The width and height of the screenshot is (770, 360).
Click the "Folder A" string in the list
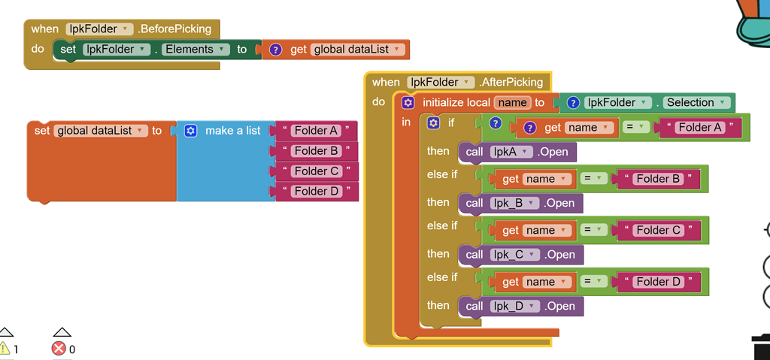pos(316,131)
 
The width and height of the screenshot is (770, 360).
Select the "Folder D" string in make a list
pos(316,192)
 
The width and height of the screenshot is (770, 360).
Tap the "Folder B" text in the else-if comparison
pos(658,179)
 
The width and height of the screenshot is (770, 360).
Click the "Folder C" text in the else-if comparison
pos(658,230)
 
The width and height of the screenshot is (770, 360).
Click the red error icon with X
pos(59,349)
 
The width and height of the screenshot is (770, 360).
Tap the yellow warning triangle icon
pos(5,349)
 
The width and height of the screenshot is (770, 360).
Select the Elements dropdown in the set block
pos(196,50)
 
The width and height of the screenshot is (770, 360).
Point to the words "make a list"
pos(232,131)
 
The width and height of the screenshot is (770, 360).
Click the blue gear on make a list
pos(190,131)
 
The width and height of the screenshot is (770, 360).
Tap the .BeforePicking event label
pos(174,29)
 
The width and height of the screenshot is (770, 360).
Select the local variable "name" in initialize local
pos(512,103)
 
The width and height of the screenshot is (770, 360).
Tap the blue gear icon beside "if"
pos(433,122)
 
